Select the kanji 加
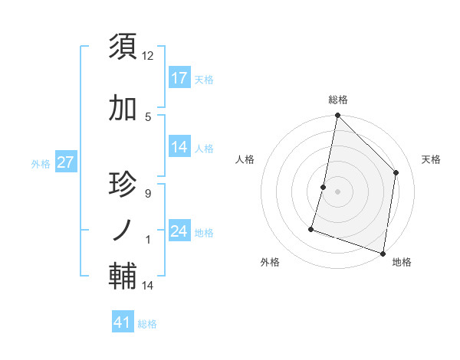(x=123, y=109)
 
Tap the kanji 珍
(x=123, y=185)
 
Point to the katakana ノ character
(x=123, y=230)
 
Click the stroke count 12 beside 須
(x=148, y=56)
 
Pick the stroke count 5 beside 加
(x=148, y=116)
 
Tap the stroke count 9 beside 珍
(x=147, y=193)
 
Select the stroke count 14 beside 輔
(x=148, y=286)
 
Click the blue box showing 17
(x=179, y=78)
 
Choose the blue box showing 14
(x=179, y=148)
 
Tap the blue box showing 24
(x=179, y=231)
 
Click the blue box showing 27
(x=65, y=162)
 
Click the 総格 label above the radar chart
(x=338, y=100)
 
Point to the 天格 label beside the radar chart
(x=432, y=159)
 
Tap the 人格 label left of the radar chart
(x=245, y=159)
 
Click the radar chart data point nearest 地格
(x=383, y=253)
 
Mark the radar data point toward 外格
(x=311, y=228)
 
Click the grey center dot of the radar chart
(x=337, y=191)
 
